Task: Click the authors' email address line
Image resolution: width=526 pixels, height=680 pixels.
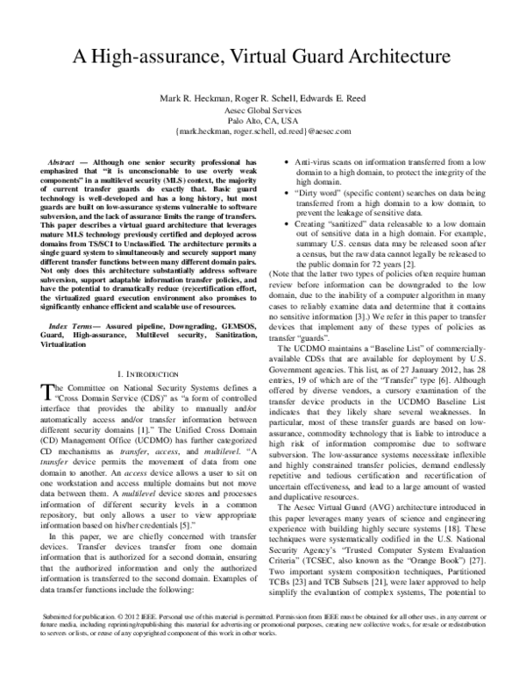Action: tap(262, 131)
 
